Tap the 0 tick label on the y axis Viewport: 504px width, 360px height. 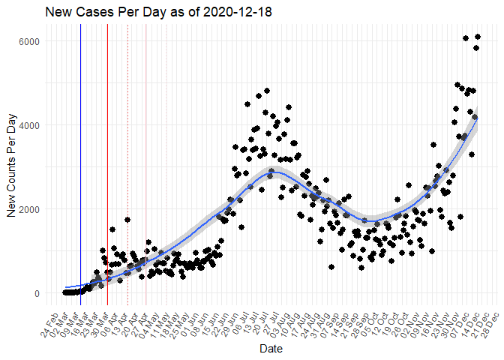click(x=35, y=293)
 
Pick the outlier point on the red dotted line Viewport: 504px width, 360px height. click(x=127, y=220)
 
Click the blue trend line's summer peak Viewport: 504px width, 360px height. click(x=276, y=172)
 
